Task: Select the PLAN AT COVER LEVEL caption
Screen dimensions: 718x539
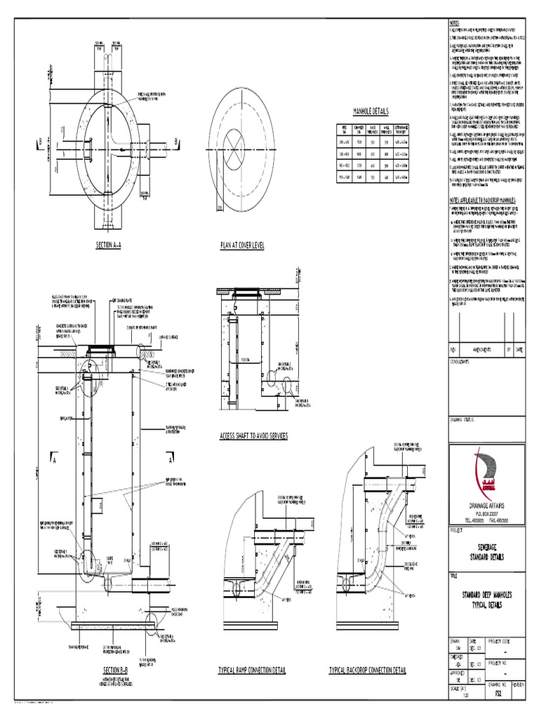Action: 241,246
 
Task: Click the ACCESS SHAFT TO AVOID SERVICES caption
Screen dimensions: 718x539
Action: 254,435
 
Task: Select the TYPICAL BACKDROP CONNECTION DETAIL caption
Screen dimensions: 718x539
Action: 368,670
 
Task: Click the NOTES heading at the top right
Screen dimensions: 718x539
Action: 454,22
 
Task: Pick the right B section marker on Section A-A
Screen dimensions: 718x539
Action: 176,142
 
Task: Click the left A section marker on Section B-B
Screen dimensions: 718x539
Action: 53,461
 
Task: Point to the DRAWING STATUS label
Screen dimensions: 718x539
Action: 463,419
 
